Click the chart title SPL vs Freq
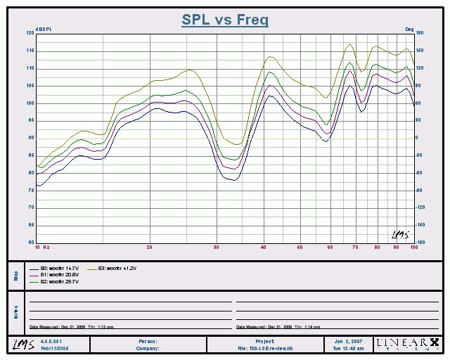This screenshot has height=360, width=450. click(x=225, y=20)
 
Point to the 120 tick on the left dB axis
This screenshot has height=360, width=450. click(x=30, y=33)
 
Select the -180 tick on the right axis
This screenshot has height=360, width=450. click(x=420, y=242)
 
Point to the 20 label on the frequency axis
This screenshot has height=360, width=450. click(x=150, y=247)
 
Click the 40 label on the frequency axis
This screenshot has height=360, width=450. click(x=263, y=247)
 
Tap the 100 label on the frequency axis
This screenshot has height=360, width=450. click(x=414, y=247)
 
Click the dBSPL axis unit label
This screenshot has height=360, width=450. click(x=45, y=28)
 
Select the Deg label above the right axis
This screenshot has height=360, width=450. click(x=409, y=28)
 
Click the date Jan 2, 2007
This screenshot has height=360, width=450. click(x=347, y=341)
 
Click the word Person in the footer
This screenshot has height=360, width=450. click(x=148, y=341)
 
